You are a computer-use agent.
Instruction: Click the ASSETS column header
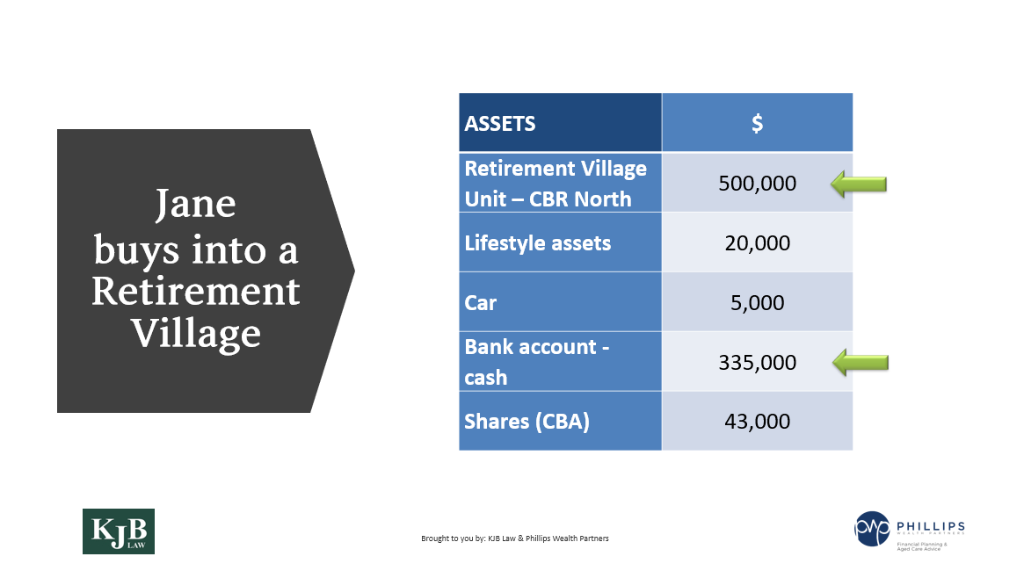[500, 123]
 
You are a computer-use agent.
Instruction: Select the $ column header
[757, 123]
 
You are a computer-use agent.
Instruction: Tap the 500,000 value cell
[757, 184]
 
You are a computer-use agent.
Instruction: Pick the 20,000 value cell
[757, 242]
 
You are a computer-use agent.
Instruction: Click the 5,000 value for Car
[757, 302]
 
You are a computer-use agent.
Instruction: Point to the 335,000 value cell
[757, 362]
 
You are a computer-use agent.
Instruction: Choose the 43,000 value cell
[757, 421]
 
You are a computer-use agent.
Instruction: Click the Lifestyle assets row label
[537, 242]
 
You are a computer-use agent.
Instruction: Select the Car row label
[481, 302]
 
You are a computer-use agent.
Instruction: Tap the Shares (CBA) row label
[527, 421]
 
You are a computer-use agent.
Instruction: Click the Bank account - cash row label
[536, 361]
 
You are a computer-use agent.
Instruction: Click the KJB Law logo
[118, 531]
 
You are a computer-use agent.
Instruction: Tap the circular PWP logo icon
[872, 528]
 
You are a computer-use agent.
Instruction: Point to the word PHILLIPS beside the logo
[930, 524]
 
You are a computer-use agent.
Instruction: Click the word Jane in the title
[195, 205]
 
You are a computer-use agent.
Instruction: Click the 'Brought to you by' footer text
[514, 538]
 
